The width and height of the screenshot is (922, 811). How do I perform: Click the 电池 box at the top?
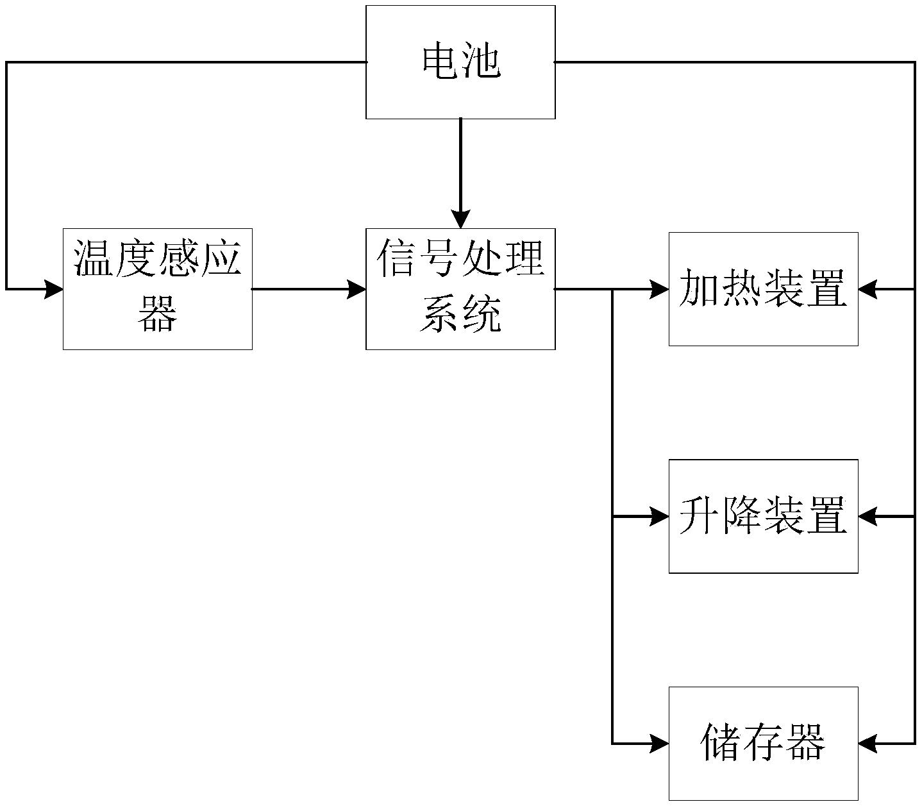[460, 62]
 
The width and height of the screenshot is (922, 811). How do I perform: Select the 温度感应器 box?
[157, 289]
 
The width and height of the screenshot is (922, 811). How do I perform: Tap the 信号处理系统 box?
[460, 289]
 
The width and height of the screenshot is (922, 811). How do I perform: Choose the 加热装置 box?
[763, 289]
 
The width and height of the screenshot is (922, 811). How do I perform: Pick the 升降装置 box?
[763, 516]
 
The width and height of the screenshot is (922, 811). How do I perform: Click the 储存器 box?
[763, 743]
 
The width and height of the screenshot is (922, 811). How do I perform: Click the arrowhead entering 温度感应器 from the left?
[54, 289]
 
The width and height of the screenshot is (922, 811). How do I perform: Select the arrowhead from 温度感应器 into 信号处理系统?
[356, 289]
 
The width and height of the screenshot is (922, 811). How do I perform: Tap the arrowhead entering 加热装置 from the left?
[660, 289]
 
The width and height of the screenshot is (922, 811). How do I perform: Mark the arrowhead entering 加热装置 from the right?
[868, 289]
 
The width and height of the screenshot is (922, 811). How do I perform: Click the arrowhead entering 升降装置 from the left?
[660, 516]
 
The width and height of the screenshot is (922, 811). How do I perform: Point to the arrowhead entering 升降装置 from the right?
[868, 516]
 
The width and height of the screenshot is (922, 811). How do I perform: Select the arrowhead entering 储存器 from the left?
[660, 743]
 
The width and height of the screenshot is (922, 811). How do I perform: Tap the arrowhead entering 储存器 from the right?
[868, 743]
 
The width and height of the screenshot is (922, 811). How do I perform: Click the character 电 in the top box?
[441, 63]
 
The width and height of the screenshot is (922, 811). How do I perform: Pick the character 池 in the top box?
[480, 63]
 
